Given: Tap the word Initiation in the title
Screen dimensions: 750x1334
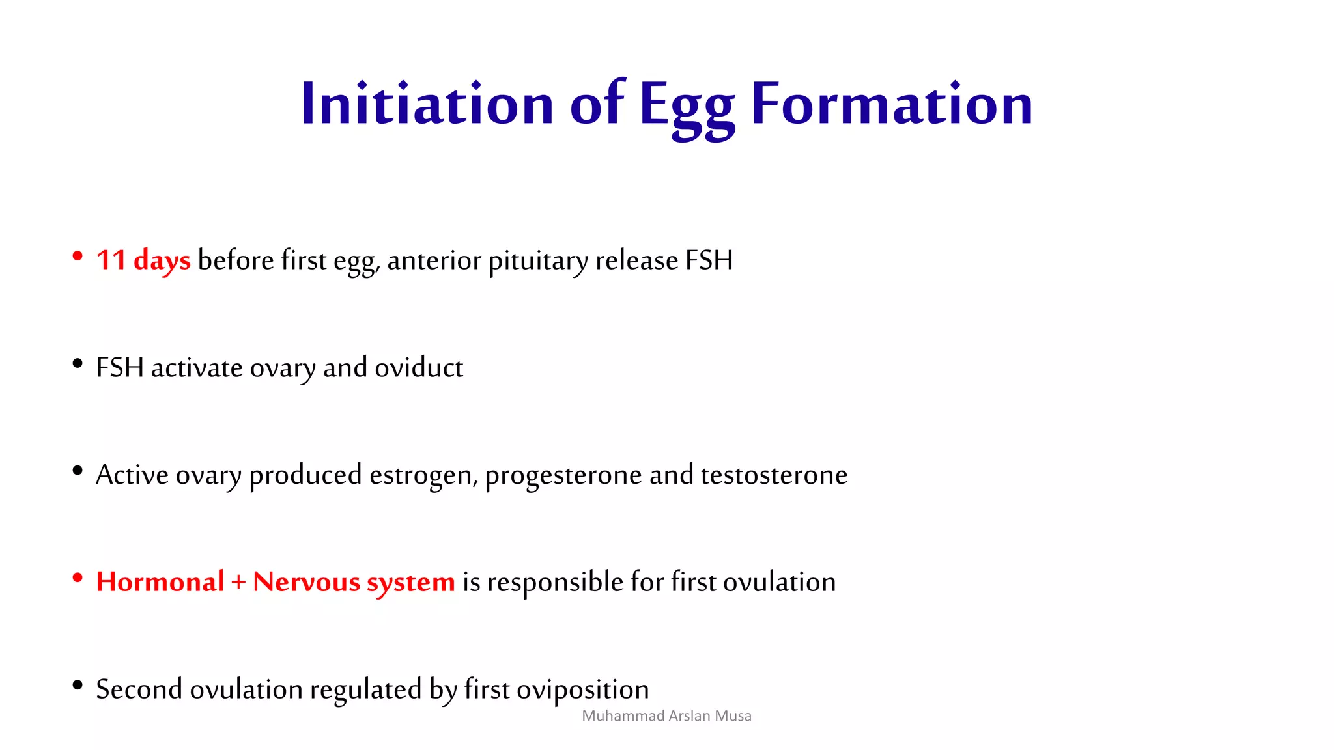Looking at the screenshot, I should point(427,104).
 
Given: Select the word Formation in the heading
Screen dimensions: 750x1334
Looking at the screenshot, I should point(892,104).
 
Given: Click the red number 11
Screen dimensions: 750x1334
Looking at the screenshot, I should point(111,260).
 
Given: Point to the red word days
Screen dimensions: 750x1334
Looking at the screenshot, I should point(162,260).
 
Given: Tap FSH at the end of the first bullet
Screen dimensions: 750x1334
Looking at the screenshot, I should point(709,260).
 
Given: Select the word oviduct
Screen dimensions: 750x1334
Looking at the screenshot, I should point(419,368).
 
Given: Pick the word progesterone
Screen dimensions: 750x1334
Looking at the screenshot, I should point(563,475).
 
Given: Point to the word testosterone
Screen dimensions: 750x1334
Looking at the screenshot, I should point(774,475).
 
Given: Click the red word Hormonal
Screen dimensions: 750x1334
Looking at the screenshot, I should point(160,581).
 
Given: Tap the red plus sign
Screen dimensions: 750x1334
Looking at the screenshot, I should point(238,582).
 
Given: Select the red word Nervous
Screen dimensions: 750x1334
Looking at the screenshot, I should point(306,582).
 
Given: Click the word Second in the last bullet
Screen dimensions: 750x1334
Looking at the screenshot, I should point(139,689).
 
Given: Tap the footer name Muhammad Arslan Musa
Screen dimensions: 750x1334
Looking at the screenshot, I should point(666,716).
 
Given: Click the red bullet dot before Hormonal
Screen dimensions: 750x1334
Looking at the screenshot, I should point(78,577).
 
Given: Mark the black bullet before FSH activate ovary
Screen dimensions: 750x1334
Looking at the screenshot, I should point(78,363).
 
